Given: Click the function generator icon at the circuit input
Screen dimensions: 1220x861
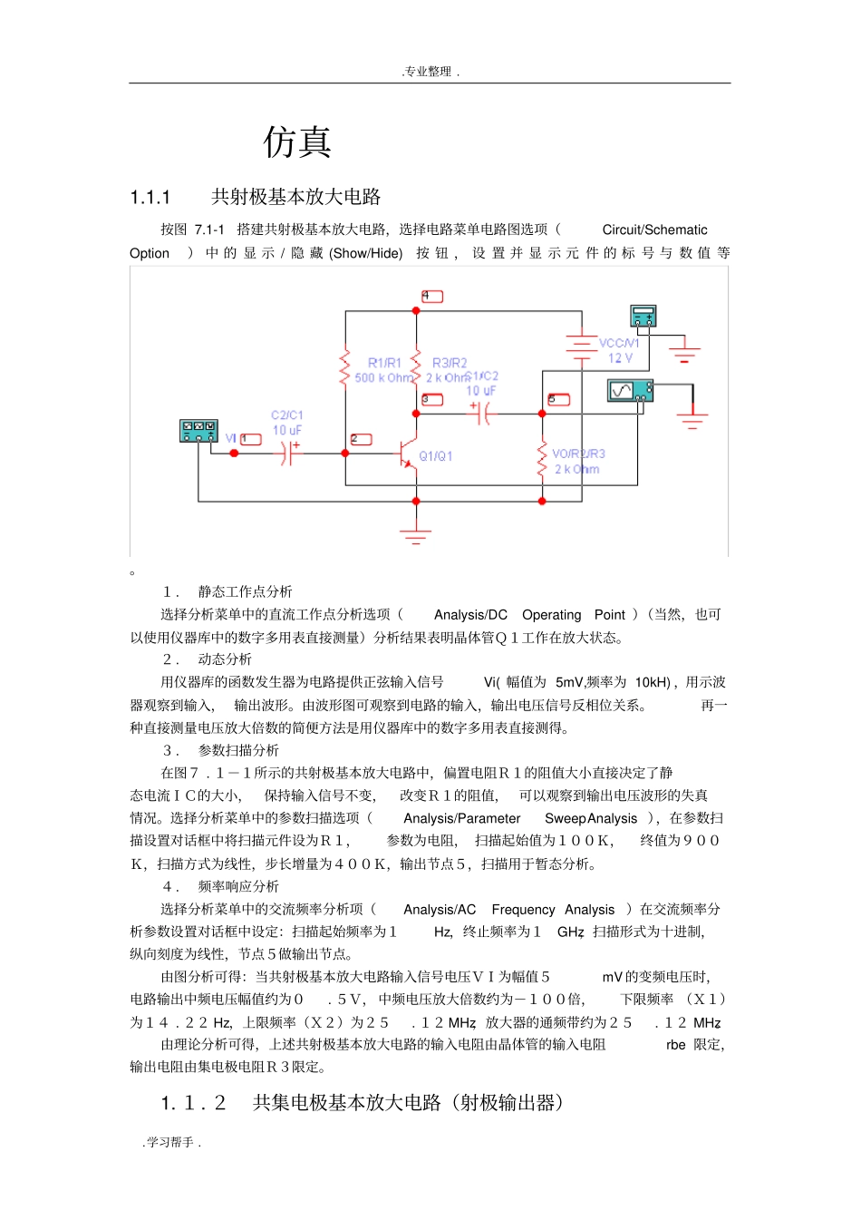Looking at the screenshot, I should click(x=198, y=430).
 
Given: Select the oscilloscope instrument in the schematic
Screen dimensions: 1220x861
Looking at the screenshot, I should click(x=630, y=391).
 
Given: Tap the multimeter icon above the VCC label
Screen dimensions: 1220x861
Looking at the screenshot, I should click(x=643, y=316).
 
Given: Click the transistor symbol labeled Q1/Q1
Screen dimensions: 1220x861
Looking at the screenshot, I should click(x=407, y=454).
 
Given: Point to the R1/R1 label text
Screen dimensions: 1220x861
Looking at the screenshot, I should click(x=384, y=363).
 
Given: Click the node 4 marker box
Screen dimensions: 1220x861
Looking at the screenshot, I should click(x=431, y=297).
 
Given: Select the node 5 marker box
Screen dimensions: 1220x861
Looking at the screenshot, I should click(x=558, y=399).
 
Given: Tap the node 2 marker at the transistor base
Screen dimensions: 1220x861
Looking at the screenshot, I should click(x=361, y=440).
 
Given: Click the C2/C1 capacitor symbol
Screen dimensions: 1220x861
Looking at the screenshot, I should click(x=288, y=453).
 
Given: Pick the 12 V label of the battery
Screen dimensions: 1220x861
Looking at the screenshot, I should click(x=621, y=358).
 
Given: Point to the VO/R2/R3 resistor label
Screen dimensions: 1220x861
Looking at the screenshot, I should click(x=578, y=454).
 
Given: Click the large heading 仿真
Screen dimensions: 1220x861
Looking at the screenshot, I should click(x=297, y=142).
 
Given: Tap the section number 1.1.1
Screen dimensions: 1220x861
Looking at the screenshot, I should click(x=150, y=198).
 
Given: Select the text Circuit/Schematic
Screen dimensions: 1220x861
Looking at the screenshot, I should click(x=654, y=230).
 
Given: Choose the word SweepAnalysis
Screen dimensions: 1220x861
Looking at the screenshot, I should click(x=591, y=819).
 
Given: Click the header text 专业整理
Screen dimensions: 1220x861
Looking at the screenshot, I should click(x=430, y=72).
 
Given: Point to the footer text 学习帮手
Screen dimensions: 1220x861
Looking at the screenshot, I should click(x=171, y=1143).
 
